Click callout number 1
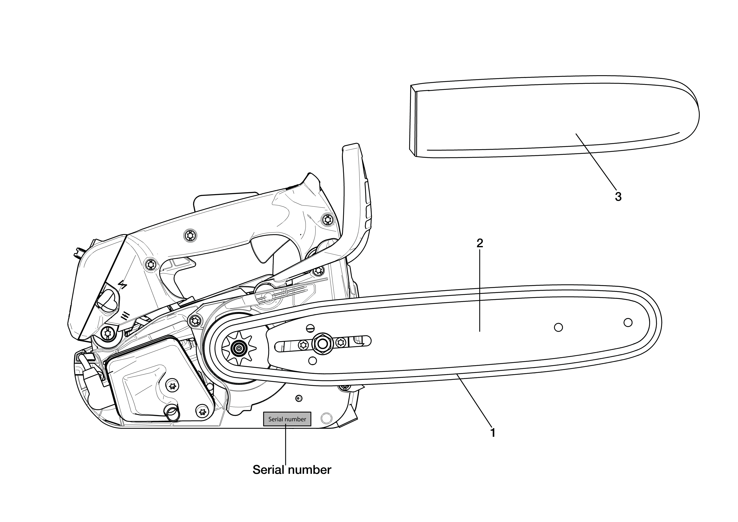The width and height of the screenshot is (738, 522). click(492, 433)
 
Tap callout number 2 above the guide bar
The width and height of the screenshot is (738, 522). click(480, 243)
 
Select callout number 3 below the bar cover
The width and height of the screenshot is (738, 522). click(618, 196)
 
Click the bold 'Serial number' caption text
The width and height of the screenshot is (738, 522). click(292, 470)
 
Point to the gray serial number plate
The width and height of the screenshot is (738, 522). click(287, 419)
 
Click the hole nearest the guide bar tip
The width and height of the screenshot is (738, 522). click(628, 322)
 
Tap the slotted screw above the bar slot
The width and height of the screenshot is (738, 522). click(310, 328)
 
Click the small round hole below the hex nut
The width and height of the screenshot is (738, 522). click(312, 361)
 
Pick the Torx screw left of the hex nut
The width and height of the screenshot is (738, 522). click(303, 345)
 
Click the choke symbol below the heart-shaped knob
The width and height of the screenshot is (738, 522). click(125, 316)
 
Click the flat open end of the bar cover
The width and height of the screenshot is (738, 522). click(413, 121)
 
